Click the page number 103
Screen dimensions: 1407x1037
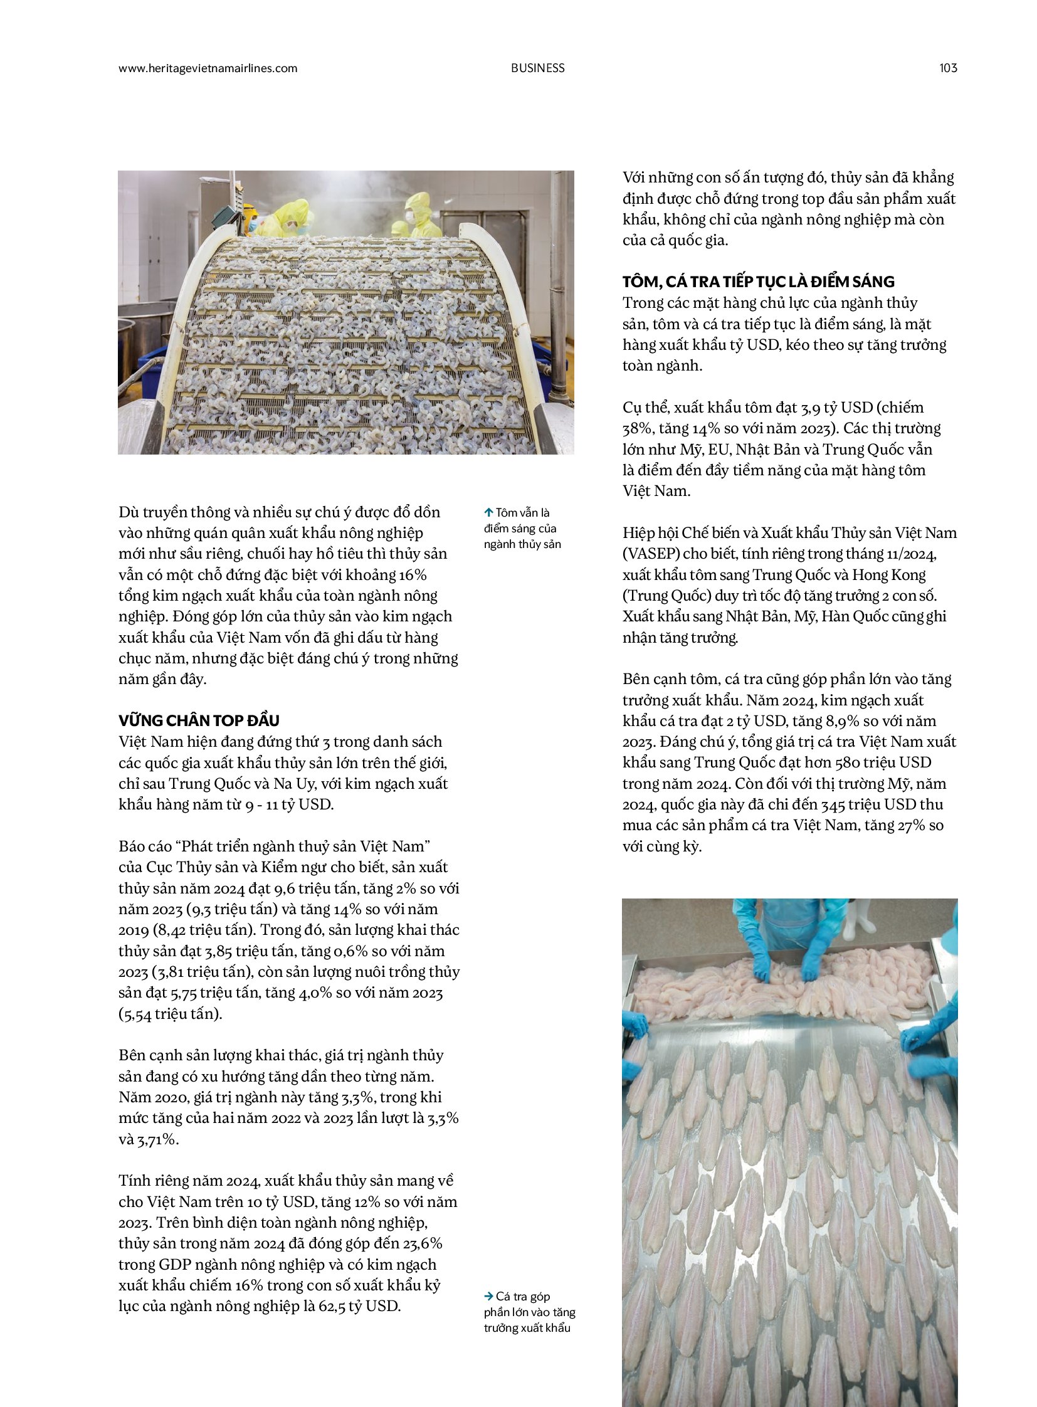point(948,68)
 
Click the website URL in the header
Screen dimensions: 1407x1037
point(208,68)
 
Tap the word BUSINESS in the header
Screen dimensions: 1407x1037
point(537,68)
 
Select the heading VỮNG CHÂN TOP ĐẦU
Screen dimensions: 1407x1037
point(199,720)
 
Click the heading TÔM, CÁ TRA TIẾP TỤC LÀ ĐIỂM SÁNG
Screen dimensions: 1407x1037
point(758,282)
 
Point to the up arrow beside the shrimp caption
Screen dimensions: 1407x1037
point(488,513)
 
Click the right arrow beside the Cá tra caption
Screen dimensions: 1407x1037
point(488,1296)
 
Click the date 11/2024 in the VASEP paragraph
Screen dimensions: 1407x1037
point(914,554)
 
